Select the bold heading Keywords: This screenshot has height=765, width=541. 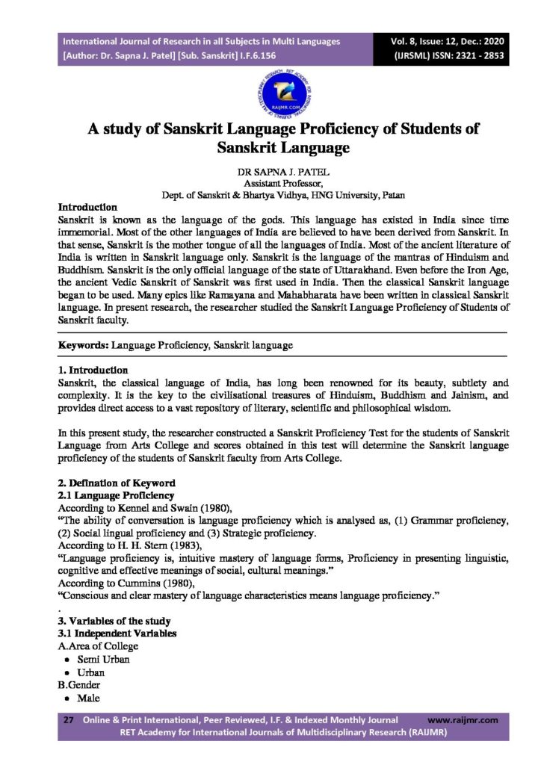[x=84, y=346]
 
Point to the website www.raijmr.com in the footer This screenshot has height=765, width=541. [x=463, y=720]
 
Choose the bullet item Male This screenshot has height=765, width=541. [x=88, y=698]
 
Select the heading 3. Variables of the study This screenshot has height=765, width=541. [x=114, y=621]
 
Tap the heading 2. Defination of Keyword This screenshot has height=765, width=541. [x=117, y=483]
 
